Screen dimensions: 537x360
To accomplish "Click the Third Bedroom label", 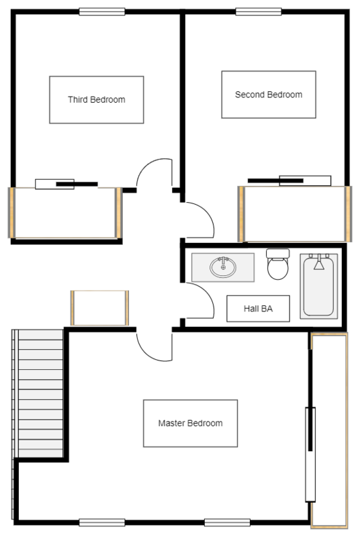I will [x=96, y=100].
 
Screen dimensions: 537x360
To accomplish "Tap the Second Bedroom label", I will [x=268, y=95].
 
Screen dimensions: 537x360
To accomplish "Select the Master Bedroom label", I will [x=190, y=424].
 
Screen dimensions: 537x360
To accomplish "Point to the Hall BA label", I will [x=258, y=309].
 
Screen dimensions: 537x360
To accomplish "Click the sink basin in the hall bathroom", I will [x=223, y=268].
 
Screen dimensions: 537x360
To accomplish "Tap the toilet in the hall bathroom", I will [x=277, y=266].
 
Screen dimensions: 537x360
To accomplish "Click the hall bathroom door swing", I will [x=196, y=303].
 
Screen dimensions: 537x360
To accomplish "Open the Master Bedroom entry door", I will [x=154, y=343].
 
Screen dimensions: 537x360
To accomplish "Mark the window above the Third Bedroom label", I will [x=102, y=11].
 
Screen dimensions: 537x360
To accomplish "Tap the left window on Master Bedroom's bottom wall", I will [x=102, y=522].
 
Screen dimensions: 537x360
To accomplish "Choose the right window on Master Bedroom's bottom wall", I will [x=226, y=522].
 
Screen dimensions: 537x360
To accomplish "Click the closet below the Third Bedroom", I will [x=64, y=213].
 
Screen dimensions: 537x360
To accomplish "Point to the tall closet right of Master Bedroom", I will [x=329, y=430].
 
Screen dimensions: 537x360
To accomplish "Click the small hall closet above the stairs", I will [x=99, y=308].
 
